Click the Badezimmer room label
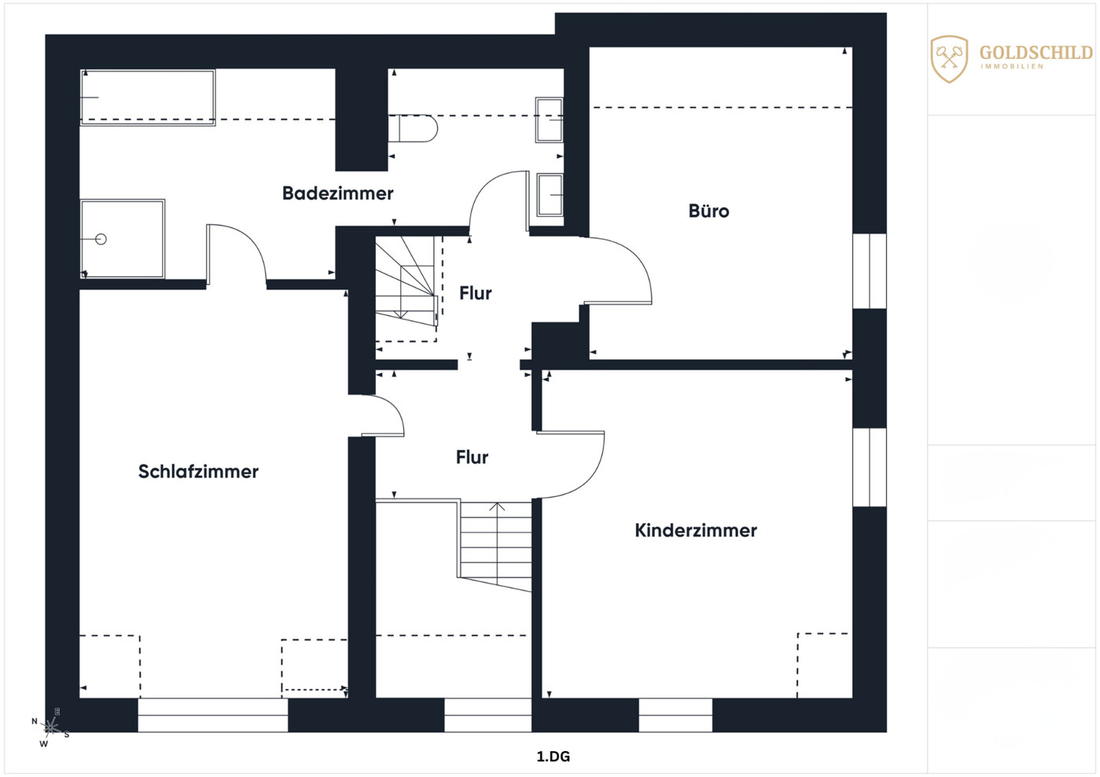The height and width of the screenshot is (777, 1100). pos(337,193)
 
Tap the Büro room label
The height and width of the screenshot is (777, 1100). pos(708,211)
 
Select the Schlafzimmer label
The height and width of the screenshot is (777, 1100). pos(198,471)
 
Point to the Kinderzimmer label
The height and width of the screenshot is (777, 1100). pos(696,530)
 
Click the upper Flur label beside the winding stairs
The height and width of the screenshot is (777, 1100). pos(476,293)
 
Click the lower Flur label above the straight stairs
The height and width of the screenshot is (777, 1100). pos(472,457)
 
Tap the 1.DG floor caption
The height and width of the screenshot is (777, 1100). pos(553,757)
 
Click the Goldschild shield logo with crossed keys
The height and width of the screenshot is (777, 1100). pos(949,59)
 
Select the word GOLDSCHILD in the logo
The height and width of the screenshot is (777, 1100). pos(1036,53)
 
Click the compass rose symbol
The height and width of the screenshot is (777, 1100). pos(51,727)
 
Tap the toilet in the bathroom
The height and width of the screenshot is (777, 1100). pos(413,128)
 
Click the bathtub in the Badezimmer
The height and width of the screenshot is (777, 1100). pos(147,98)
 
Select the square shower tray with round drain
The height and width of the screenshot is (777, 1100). pos(123,239)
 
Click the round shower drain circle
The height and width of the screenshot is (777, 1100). pos(101,239)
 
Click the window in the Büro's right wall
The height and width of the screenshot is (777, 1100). pos(869,271)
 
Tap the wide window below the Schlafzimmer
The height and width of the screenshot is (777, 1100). pos(212,715)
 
